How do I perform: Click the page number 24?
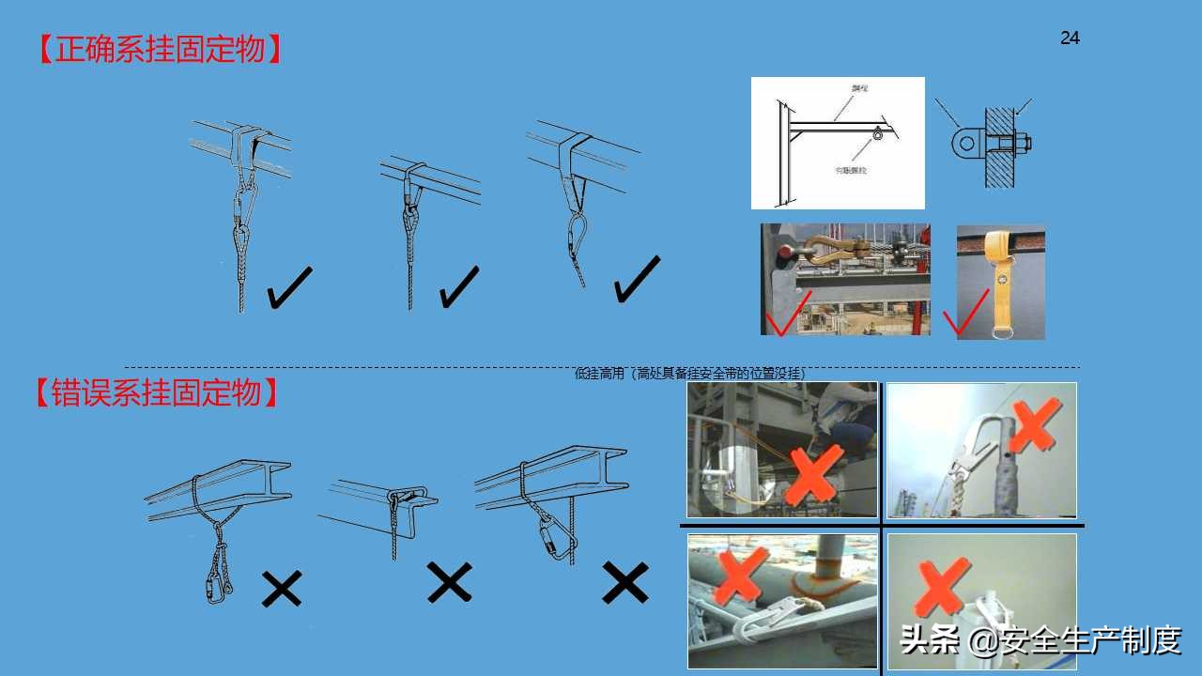1070,38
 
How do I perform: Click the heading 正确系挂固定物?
159,49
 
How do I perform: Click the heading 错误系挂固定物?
157,392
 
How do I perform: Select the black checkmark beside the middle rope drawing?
458,287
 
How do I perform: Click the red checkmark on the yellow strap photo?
965,314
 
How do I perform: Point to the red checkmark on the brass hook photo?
787,313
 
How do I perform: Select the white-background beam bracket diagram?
837,143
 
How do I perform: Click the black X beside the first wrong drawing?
282,589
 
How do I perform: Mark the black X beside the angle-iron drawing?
449,582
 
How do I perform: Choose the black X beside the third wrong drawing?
624,583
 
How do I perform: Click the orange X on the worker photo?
813,476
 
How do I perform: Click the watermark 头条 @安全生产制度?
1039,640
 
